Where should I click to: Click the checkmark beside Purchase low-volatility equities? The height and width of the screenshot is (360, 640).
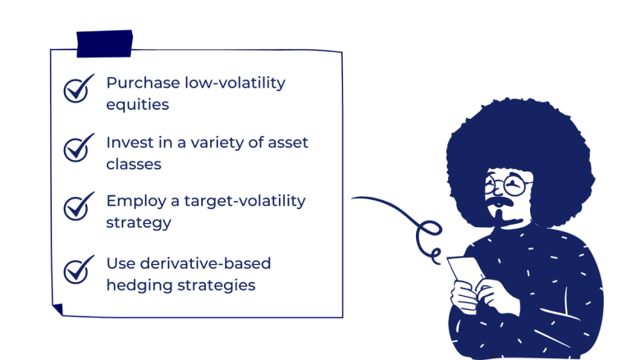click(x=78, y=89)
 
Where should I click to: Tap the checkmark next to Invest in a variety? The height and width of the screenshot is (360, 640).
click(x=78, y=148)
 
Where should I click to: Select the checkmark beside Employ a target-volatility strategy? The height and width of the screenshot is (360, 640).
click(x=78, y=206)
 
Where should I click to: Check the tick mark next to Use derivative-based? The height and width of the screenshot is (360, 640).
click(x=78, y=268)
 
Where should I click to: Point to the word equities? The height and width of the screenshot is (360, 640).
click(x=137, y=105)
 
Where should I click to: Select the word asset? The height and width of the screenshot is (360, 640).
click(x=286, y=142)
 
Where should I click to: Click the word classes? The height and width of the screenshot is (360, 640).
click(x=133, y=164)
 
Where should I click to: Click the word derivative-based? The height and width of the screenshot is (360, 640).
click(x=204, y=263)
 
